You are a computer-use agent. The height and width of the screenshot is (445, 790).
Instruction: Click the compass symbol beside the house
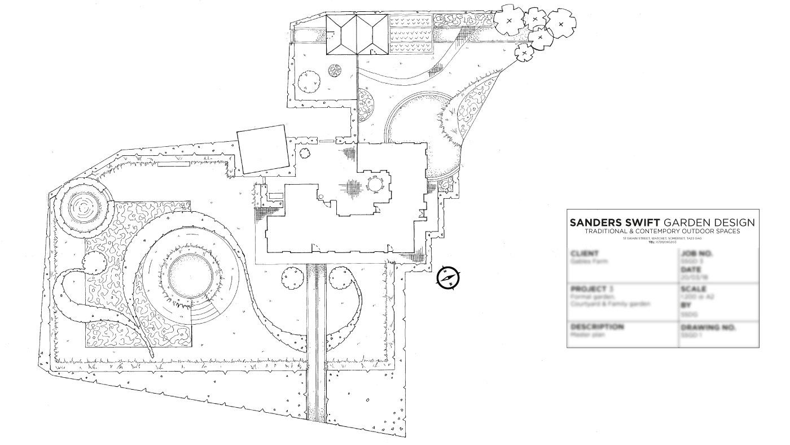coord(449,278)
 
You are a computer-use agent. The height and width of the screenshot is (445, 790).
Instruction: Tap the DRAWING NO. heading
coord(709,327)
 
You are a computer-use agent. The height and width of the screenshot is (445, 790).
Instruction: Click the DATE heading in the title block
coord(692,270)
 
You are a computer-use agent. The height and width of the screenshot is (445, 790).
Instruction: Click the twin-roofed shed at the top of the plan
coord(357,35)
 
